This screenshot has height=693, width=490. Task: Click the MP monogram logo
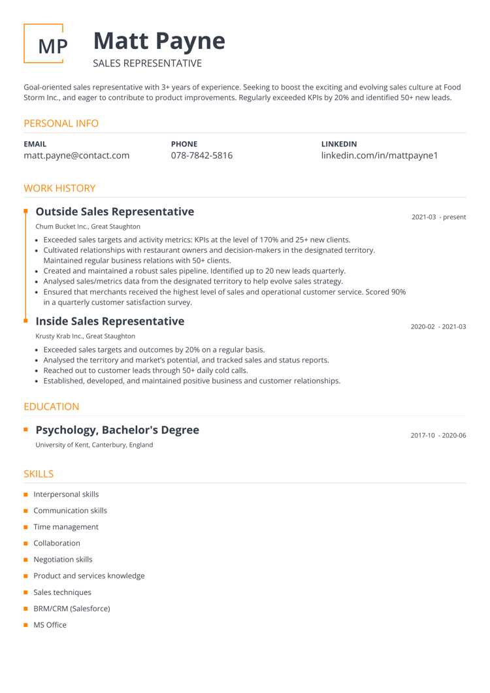(44, 44)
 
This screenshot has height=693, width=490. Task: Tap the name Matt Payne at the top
(159, 41)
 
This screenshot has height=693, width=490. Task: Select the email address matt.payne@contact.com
(76, 155)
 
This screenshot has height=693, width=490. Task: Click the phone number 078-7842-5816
(201, 155)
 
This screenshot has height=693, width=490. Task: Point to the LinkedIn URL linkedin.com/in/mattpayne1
(379, 155)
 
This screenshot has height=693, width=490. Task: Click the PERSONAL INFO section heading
(61, 123)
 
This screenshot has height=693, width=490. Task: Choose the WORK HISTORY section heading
(59, 188)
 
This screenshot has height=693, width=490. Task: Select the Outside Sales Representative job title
(114, 212)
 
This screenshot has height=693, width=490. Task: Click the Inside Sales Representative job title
(110, 321)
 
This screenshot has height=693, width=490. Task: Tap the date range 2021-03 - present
(438, 217)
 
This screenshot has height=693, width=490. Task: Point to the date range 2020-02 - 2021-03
(438, 327)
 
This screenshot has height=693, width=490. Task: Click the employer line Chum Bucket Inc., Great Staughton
(88, 227)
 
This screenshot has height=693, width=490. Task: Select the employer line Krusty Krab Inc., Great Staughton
(85, 336)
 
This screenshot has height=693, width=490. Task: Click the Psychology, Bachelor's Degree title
(117, 430)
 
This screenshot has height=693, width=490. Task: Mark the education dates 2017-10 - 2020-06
(438, 435)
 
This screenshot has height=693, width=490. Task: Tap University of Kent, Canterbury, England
(94, 445)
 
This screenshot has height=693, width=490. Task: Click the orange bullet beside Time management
(26, 527)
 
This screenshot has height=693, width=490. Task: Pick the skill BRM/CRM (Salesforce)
(71, 609)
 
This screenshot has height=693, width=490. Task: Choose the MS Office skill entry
(50, 625)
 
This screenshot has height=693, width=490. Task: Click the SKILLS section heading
(39, 474)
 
